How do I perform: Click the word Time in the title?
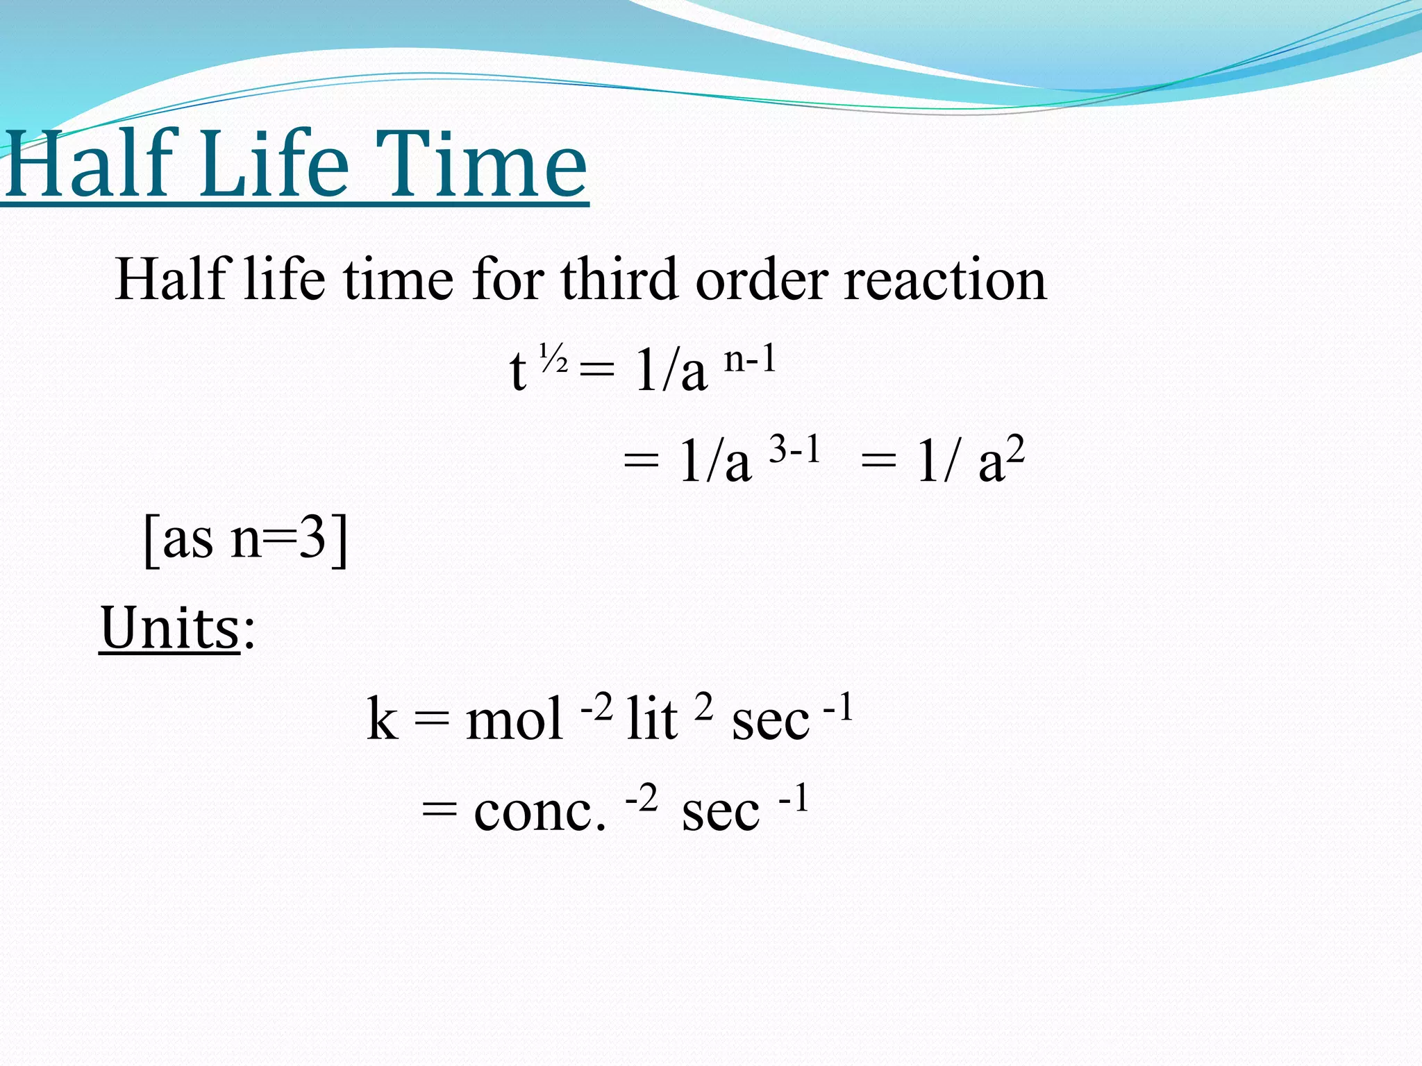point(484,165)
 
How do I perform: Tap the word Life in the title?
point(276,165)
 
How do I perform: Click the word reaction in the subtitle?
point(945,280)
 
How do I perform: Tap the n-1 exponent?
point(750,359)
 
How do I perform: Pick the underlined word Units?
point(169,628)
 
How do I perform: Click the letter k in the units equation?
point(383,719)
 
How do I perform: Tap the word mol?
point(514,719)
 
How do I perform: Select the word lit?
point(651,719)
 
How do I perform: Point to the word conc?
point(539,811)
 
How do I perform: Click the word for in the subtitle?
point(508,279)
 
